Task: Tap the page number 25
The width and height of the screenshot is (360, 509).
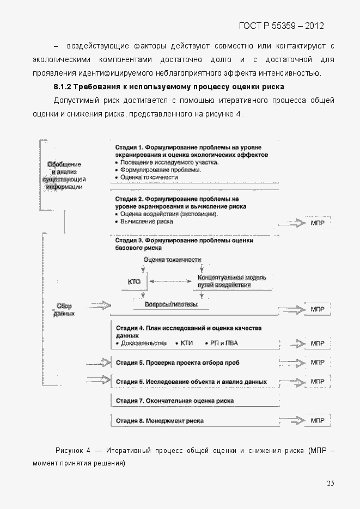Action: click(331, 483)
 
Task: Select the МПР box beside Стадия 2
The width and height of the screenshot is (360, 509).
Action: click(317, 223)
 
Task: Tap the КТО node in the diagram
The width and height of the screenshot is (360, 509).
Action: click(134, 281)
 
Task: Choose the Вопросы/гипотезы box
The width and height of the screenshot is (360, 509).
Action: click(170, 305)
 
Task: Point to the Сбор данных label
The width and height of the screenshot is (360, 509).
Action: click(64, 310)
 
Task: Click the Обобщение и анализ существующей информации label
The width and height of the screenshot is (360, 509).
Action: click(64, 175)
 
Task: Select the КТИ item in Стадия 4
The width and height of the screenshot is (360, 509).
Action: click(186, 344)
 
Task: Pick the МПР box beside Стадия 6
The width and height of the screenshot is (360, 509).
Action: click(317, 382)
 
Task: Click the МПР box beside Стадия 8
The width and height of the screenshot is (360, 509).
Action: click(317, 421)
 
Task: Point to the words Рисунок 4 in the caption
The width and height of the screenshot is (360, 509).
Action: click(73, 451)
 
